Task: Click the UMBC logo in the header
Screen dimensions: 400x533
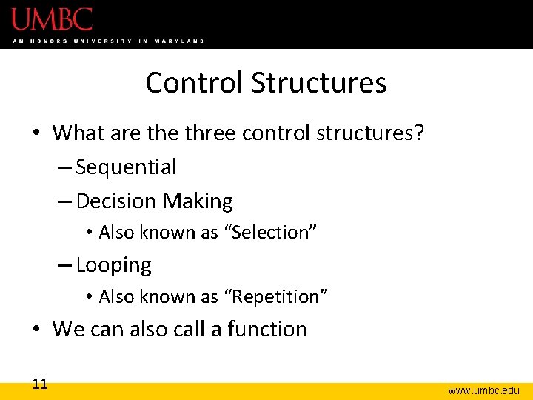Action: [x=52, y=19]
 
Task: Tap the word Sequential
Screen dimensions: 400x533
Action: [x=126, y=167]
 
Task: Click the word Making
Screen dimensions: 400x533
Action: [x=198, y=201]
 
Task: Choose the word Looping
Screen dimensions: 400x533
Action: [x=113, y=265]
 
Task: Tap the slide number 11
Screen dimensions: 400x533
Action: [x=40, y=384]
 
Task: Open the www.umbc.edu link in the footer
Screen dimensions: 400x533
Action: [x=483, y=390]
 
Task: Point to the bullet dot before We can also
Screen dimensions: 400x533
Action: [x=36, y=329]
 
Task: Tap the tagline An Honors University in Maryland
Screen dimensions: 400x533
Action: [x=108, y=41]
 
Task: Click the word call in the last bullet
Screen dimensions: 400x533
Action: [x=189, y=329]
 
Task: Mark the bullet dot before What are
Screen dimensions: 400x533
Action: [x=36, y=133]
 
